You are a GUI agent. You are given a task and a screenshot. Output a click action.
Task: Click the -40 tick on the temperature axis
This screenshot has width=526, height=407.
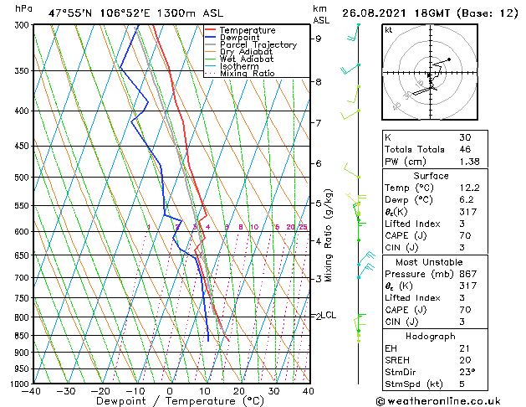[x=33, y=390]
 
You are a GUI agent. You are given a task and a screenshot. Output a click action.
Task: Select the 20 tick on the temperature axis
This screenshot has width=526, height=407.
[x=238, y=390]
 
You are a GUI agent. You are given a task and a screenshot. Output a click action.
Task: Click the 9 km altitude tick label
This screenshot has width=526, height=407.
[x=318, y=39]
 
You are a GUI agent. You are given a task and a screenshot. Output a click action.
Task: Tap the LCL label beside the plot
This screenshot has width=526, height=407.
[x=329, y=315]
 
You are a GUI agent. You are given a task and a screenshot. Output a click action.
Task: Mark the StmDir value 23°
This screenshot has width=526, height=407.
[x=467, y=372]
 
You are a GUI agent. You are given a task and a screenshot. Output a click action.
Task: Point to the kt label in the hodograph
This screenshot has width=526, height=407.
[x=388, y=29]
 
